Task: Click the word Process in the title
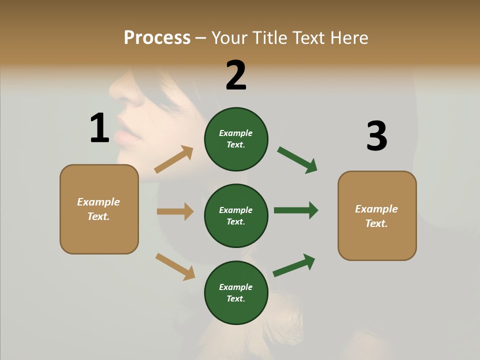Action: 157,38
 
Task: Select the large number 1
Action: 99,128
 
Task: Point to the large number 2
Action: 236,75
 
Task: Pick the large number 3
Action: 376,136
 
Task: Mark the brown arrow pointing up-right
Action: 174,159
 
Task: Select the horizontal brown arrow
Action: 175,211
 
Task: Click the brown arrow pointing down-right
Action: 175,266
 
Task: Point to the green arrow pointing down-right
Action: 297,160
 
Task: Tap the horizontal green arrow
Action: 296,210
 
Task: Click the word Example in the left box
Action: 98,202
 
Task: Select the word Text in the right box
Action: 376,223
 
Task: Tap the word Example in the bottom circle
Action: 236,287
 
